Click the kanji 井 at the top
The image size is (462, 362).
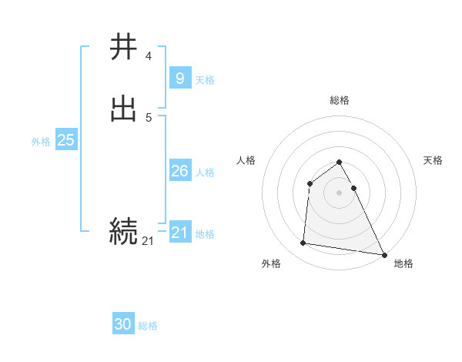124,47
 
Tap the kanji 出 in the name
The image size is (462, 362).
124,109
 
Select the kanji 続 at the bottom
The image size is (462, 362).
124,230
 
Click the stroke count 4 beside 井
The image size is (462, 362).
148,56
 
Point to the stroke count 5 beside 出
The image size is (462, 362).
148,117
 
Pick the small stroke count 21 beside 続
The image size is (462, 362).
148,241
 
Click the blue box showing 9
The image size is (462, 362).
179,78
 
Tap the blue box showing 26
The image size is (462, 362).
179,171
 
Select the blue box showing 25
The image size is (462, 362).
65,140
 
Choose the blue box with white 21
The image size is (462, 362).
179,232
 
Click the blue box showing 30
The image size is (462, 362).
123,324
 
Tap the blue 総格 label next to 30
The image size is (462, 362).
148,326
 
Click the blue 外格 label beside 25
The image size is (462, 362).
41,142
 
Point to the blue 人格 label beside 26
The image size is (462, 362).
206,173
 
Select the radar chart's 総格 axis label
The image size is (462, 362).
339,100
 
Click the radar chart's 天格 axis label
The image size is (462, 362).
434,160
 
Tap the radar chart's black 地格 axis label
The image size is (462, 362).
403,263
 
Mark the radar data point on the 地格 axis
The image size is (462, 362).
383,255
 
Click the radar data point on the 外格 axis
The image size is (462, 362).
303,243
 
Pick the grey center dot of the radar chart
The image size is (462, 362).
339,193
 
